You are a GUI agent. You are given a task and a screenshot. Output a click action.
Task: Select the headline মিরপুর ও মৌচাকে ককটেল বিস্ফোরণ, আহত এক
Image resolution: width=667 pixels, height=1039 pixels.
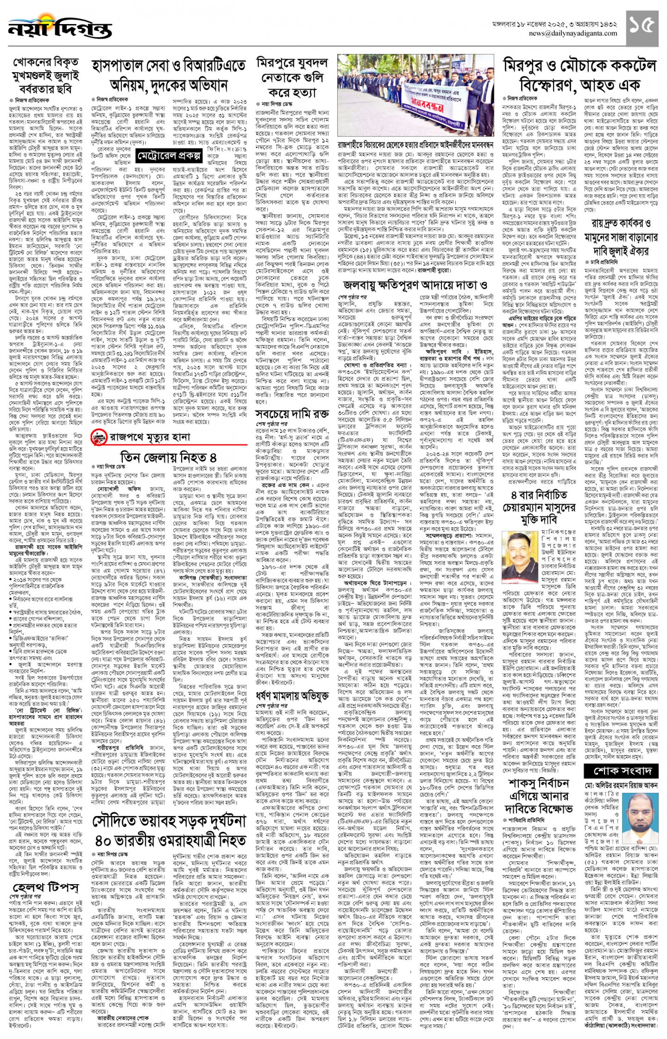tap(580, 75)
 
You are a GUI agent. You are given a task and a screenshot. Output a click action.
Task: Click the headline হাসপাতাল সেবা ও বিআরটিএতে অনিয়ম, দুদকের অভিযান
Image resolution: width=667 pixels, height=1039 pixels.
tap(168, 75)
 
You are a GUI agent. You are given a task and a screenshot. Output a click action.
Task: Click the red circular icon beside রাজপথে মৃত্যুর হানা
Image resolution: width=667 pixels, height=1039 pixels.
tap(99, 437)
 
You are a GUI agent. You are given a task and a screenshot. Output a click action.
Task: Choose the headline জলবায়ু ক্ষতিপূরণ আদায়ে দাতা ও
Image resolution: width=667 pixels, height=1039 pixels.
tap(415, 285)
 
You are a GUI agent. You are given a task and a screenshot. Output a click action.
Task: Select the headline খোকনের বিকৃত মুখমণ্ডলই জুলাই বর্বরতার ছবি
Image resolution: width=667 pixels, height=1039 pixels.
tap(46, 76)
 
